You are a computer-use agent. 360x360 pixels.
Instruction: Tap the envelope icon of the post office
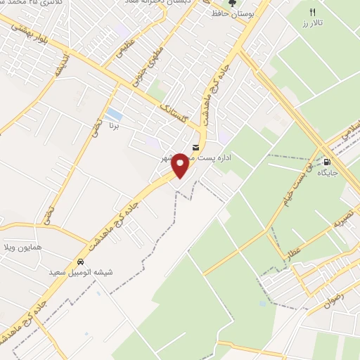click(x=195, y=147)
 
